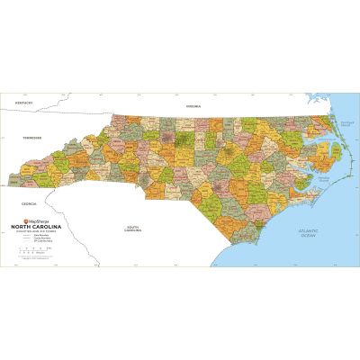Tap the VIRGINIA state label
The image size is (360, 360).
point(192,106)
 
